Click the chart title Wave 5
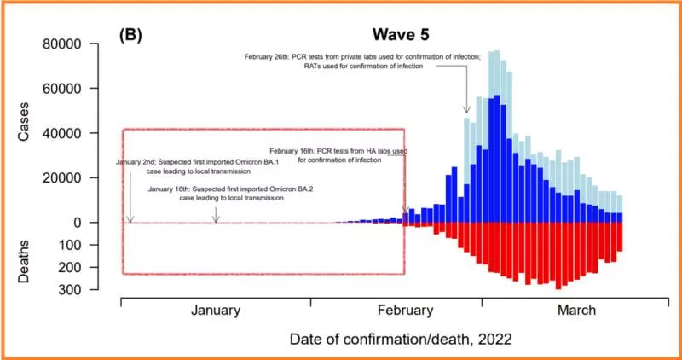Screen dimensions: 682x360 [x=400, y=35]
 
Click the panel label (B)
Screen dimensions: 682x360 [x=130, y=35]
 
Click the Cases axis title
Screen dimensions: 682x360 [x=24, y=121]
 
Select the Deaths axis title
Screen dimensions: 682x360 [x=24, y=261]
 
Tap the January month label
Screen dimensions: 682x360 [x=216, y=311]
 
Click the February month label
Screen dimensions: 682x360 [x=406, y=311]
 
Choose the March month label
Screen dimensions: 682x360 [x=577, y=311]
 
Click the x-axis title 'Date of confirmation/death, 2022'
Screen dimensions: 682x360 [x=400, y=339]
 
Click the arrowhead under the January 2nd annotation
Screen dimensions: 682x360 [x=130, y=219]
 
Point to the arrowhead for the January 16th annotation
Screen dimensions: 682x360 [x=217, y=219]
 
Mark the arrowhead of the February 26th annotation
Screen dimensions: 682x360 [x=466, y=110]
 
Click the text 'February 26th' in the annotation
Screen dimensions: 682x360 [x=265, y=56]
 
